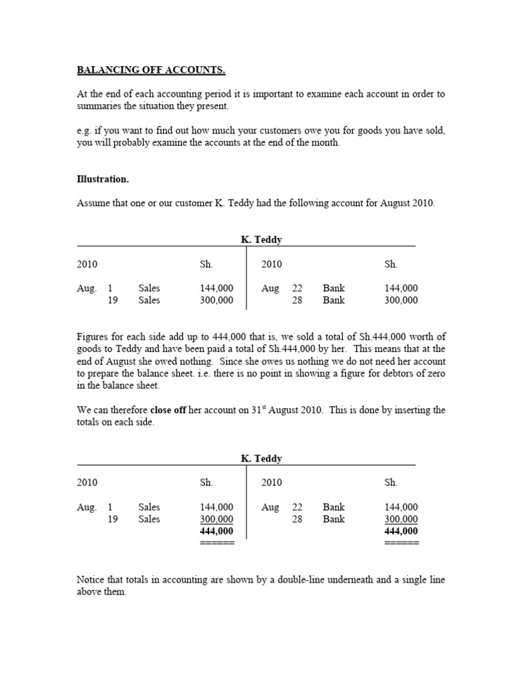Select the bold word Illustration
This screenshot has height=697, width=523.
pos(103,179)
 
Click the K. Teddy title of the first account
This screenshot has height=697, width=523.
pos(261,240)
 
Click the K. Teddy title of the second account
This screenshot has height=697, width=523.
pos(261,458)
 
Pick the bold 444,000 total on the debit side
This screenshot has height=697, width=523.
pos(217,531)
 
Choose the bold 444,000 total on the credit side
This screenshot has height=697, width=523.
pos(402,531)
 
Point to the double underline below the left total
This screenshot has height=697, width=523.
pos(217,542)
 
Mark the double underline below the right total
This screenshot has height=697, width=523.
pos(402,542)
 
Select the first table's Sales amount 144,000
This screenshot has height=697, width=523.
pos(217,288)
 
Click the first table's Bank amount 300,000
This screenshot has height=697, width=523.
pos(402,300)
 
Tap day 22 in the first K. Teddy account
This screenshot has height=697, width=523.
pos(297,288)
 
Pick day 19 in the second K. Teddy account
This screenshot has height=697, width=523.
pos(112,519)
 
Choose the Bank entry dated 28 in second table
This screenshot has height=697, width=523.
pos(334,519)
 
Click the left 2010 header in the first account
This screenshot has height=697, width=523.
pos(87,264)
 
